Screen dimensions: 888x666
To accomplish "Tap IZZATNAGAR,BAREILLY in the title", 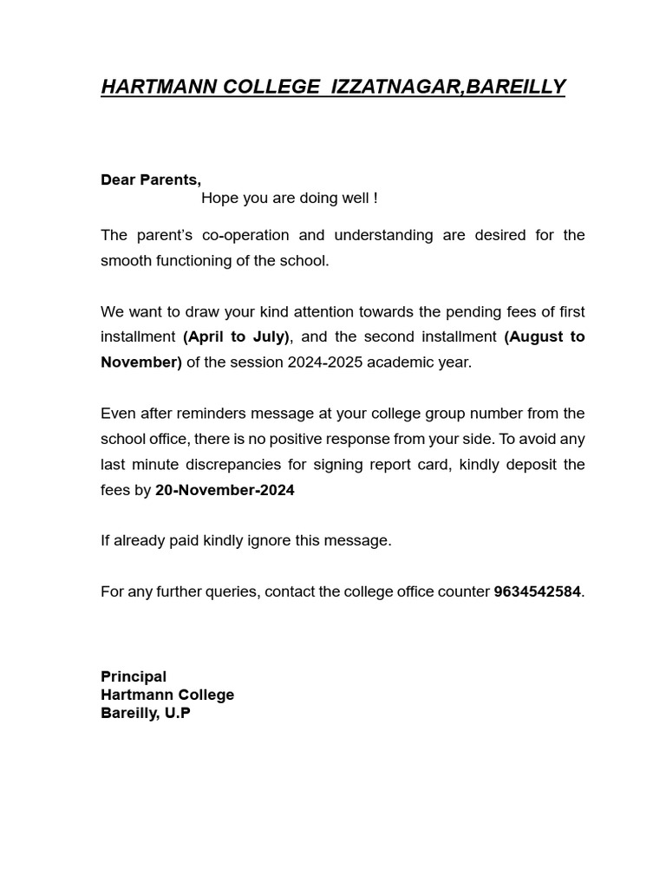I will pos(448,87).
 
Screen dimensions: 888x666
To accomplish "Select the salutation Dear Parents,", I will pos(151,180).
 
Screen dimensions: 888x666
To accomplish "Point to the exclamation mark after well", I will pos(375,198).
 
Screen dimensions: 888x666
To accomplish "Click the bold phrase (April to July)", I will pos(236,336).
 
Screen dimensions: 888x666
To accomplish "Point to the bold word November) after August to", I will pos(141,362).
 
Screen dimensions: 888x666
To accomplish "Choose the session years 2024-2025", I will pos(324,362).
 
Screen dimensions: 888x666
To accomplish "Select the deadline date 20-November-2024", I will pos(225,490).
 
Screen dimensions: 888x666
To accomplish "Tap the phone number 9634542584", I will pos(537,591).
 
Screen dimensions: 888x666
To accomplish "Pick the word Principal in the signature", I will pos(134,676).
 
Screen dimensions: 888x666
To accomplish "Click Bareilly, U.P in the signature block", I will pos(146,713).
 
